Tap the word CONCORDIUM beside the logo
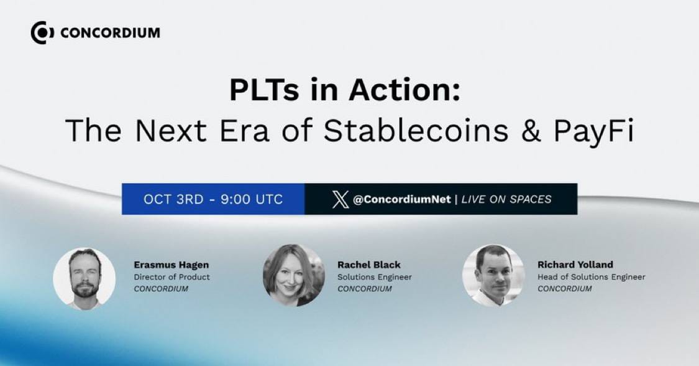coord(110,33)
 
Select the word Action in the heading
coord(404,90)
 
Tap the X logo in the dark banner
coord(340,199)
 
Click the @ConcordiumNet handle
coord(401,199)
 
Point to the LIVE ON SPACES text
coord(506,199)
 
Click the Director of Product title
coord(171,277)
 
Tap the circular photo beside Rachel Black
coord(294,275)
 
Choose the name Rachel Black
coord(368,265)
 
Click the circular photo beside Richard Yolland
coord(493,275)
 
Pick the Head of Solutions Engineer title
coord(591,277)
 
